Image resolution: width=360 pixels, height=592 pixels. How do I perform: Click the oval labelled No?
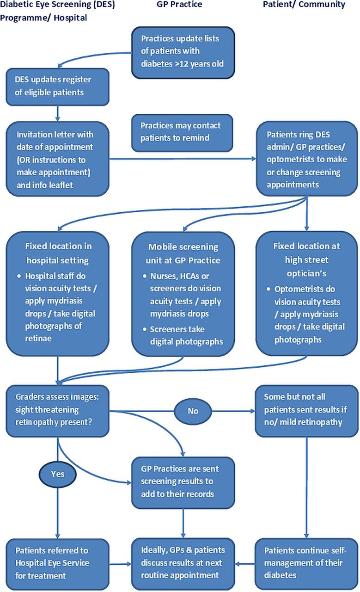193,411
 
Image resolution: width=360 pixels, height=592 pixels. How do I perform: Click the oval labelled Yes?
58,474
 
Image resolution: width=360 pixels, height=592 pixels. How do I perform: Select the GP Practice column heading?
179,5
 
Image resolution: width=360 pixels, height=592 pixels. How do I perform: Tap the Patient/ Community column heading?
304,5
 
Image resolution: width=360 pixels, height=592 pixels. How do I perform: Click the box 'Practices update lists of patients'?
183,53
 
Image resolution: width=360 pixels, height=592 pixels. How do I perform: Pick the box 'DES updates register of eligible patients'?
58,87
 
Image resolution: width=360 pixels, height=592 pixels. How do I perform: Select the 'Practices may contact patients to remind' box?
182,133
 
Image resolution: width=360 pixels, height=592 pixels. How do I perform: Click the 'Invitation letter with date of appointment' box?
58,159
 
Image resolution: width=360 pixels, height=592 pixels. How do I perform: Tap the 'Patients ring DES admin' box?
307,159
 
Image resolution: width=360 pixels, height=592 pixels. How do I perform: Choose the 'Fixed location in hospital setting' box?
58,294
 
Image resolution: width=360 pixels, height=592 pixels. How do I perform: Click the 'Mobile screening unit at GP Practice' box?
183,294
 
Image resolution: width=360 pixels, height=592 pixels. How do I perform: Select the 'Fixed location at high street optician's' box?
307,293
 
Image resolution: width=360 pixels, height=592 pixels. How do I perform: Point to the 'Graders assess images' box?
58,411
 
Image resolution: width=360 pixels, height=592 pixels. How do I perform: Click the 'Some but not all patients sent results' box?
306,411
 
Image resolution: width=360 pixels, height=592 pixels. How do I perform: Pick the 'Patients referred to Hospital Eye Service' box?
58,564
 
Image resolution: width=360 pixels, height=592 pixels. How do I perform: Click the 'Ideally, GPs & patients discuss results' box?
183,564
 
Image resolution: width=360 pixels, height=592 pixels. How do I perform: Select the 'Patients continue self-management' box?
306,564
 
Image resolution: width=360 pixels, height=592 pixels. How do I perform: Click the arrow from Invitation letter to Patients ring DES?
183,159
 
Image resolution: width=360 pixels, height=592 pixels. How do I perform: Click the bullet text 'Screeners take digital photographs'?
187,335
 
